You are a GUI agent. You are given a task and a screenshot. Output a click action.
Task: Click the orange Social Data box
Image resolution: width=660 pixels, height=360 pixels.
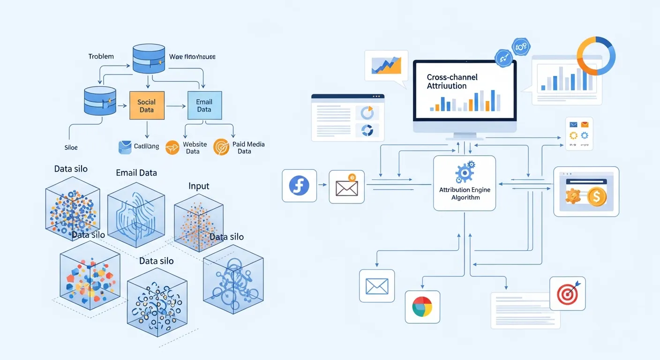point(147,105)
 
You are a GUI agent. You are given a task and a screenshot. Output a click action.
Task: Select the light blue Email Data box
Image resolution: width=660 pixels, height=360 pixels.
point(204,105)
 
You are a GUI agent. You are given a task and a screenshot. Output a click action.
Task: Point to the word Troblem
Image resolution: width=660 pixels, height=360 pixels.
point(101,56)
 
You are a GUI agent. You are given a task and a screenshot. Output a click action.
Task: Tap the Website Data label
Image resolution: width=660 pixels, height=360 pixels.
point(195,148)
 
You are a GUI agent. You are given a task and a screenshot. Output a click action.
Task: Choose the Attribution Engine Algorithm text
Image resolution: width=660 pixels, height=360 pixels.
point(465,194)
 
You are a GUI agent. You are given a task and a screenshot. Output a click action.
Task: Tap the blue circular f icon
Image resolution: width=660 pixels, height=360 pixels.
point(300,186)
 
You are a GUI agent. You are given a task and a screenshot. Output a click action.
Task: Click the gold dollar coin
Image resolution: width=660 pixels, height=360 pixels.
point(596,197)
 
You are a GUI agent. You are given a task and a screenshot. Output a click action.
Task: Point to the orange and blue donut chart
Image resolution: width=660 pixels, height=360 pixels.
point(596,55)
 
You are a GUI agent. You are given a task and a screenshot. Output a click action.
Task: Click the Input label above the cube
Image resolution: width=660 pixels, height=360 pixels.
point(199,186)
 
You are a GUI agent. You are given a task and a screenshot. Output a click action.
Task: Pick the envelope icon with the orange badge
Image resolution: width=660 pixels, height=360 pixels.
point(347,187)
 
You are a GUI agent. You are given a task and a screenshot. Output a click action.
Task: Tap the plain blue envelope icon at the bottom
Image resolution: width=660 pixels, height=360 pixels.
point(377,285)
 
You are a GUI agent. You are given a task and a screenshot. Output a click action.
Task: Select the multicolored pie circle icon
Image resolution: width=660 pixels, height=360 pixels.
point(422,307)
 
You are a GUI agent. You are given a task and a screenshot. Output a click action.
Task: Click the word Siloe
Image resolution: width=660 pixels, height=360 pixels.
point(71,147)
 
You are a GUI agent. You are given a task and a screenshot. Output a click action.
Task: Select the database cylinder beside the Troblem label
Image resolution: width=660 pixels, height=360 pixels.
point(149,59)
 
